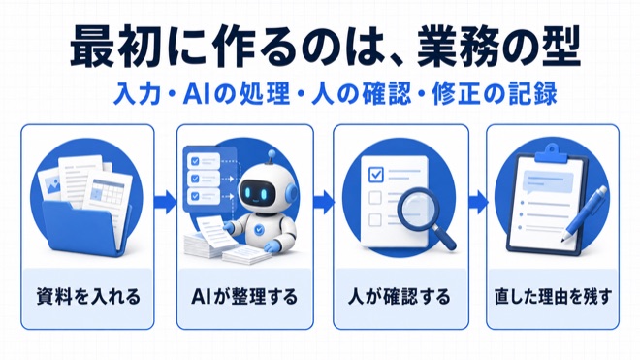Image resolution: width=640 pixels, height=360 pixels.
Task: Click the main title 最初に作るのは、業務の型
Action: [325, 46]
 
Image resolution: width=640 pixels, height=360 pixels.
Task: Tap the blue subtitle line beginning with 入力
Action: [336, 93]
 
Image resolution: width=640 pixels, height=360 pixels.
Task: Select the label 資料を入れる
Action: [88, 296]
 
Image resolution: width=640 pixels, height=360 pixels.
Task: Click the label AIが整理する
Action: [244, 296]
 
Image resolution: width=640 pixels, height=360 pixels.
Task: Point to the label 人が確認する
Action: [400, 296]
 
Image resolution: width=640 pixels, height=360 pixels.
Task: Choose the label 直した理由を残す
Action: [553, 296]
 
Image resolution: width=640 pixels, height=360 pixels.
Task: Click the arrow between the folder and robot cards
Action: [165, 202]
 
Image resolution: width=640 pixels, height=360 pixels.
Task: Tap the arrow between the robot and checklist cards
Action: [324, 202]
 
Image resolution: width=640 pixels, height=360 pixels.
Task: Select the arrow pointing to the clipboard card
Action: [477, 202]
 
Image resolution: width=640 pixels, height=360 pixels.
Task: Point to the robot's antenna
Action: [271, 157]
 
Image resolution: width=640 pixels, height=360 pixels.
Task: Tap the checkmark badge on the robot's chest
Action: [258, 230]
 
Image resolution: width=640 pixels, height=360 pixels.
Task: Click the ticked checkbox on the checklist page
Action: [375, 174]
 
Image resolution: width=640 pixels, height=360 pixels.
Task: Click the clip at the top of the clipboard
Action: [551, 153]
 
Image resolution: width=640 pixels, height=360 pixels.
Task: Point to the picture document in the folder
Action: [50, 186]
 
